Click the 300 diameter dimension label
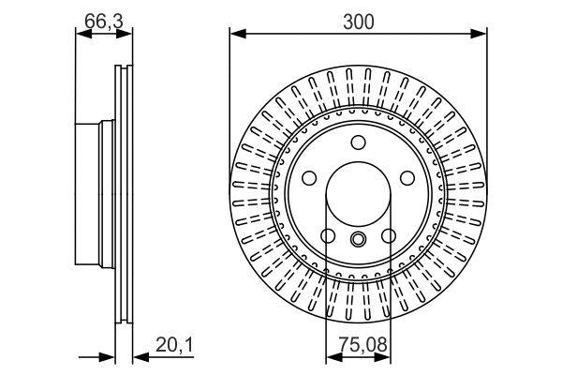358,22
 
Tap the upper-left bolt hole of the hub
310,177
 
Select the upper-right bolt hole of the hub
406,177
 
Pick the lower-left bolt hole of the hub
328,234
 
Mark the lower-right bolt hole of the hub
388,234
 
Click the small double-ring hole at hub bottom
358,240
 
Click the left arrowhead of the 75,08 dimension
332,356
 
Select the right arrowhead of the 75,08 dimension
384,356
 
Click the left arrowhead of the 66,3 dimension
82,36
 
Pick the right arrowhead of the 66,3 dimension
126,36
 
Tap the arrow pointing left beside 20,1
140,356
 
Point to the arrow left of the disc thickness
107,356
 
